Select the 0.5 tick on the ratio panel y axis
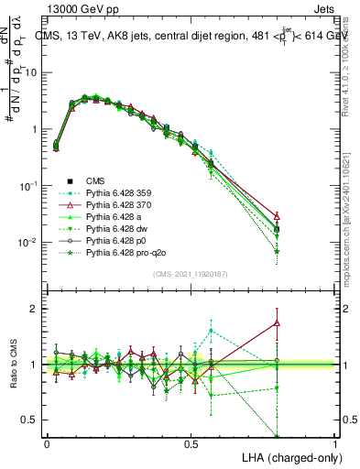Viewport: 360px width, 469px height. pyautogui.click(x=31, y=420)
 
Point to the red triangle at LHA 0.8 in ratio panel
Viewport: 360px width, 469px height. pyautogui.click(x=277, y=322)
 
